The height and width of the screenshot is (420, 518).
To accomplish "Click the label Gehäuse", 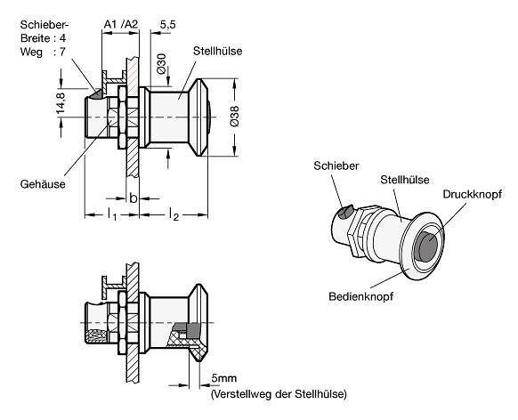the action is coord(43,184).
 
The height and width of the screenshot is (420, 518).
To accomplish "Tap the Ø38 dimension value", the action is coord(234,117).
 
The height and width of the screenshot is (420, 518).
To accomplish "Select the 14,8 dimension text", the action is coord(61,103).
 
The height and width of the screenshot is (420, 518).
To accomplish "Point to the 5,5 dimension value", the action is coord(168,25).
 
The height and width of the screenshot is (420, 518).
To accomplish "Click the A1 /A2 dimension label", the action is coord(120,24).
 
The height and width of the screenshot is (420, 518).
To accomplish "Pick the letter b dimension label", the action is coord(134,198).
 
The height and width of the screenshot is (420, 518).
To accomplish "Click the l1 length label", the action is coord(111,214).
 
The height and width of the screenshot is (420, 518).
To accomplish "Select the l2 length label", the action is coord(174,214).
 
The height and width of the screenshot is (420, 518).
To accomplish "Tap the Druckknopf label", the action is coord(472,194).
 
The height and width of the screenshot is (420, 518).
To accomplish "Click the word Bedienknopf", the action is coord(360,296).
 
